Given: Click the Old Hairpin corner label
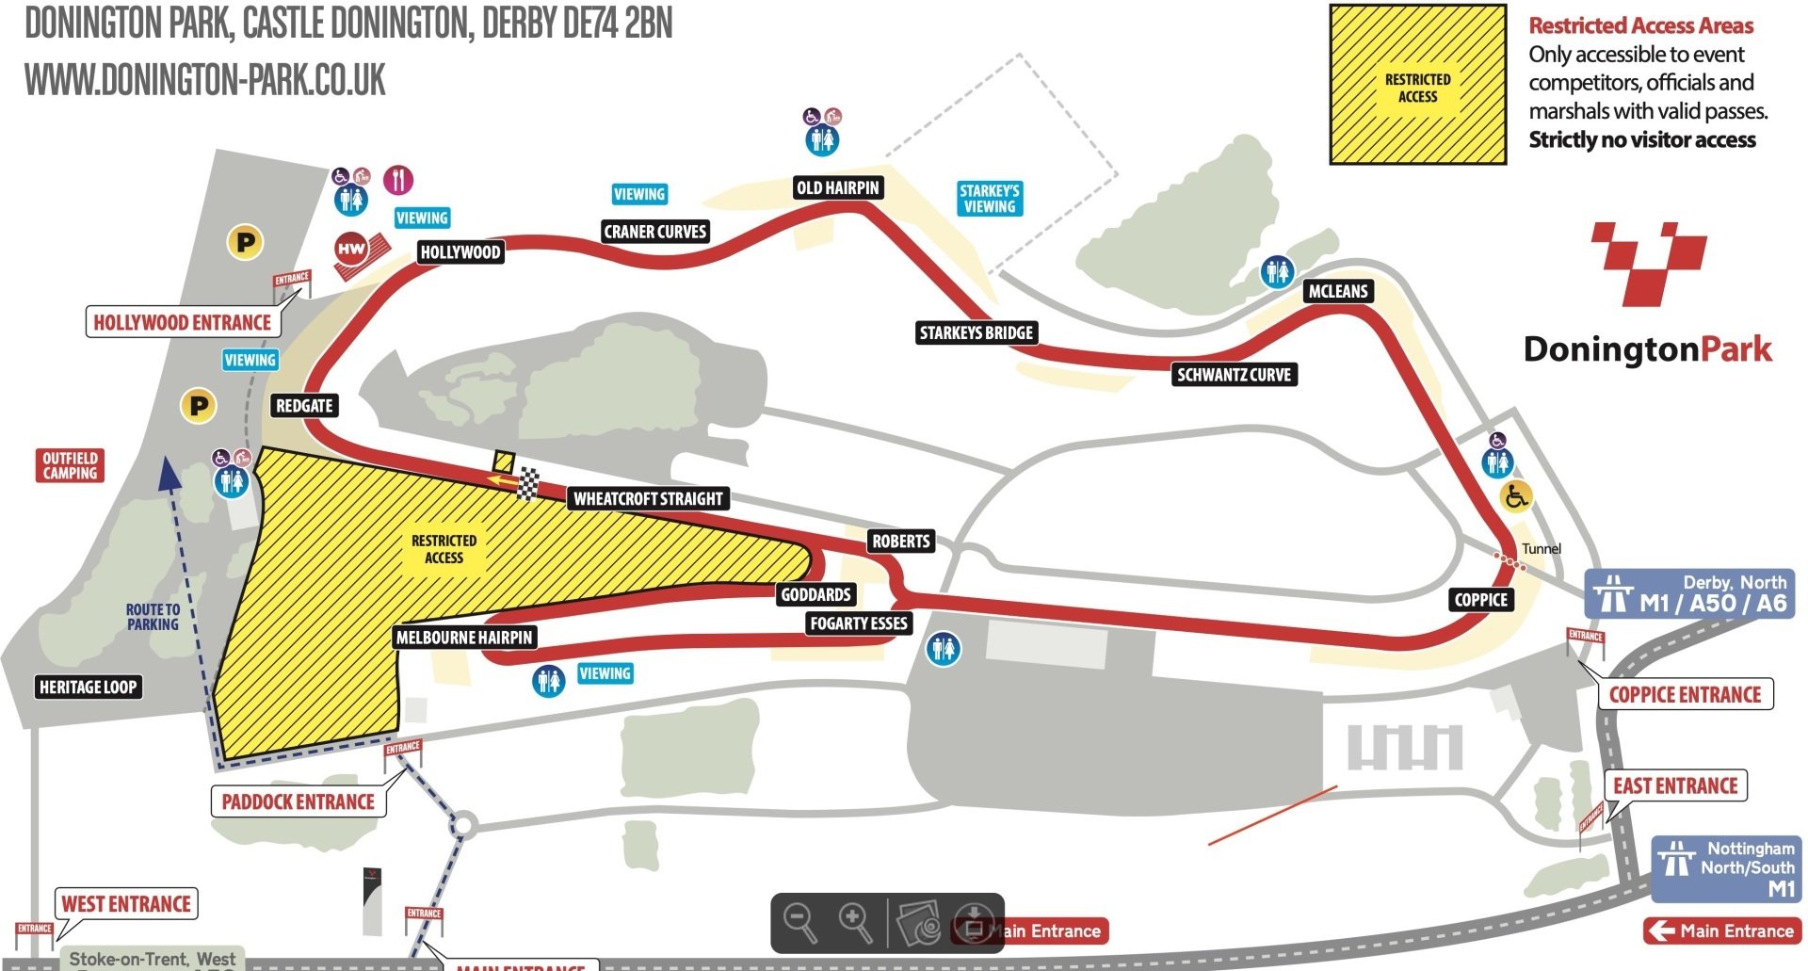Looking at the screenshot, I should [x=837, y=187].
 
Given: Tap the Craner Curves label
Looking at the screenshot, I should [x=654, y=232].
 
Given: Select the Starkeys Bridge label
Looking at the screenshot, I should [x=977, y=332].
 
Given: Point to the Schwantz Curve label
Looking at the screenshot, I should [x=1234, y=375].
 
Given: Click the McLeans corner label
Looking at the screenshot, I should [x=1337, y=291].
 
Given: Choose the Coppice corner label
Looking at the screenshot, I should [x=1480, y=600].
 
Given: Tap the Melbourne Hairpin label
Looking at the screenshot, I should [x=464, y=638].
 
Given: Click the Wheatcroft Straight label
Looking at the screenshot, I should [x=648, y=498].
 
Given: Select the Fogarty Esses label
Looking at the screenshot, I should [x=858, y=623].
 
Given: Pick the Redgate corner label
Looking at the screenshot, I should [x=304, y=406].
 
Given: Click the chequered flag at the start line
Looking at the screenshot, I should [x=528, y=483].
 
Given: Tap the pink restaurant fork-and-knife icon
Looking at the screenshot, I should [x=398, y=179].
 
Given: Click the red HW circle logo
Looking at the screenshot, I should [x=351, y=250].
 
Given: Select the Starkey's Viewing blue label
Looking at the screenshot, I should [x=989, y=199].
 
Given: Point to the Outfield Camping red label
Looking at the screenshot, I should [x=70, y=465].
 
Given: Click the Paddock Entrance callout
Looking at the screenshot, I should [x=298, y=801].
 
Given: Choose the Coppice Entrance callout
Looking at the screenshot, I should [x=1685, y=694].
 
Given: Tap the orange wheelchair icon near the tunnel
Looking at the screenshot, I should [x=1515, y=495].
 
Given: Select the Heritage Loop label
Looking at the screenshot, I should [x=88, y=687].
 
